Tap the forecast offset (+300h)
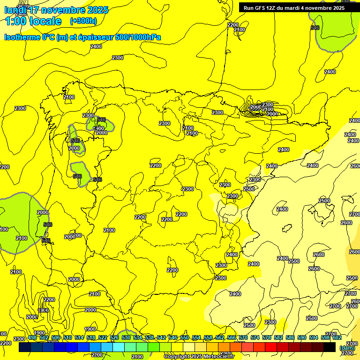pos(83,21)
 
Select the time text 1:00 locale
pos(33,21)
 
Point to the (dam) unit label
pos(347,348)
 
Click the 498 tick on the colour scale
pos(32,337)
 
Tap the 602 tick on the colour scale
pos(337,337)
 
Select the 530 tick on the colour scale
pos(126,337)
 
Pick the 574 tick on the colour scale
pos(255,337)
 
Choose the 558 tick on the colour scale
pos(208,337)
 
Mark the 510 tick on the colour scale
pos(67,337)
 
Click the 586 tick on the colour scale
pos(290,337)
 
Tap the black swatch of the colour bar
pos(330,347)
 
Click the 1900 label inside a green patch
pos(98,128)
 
